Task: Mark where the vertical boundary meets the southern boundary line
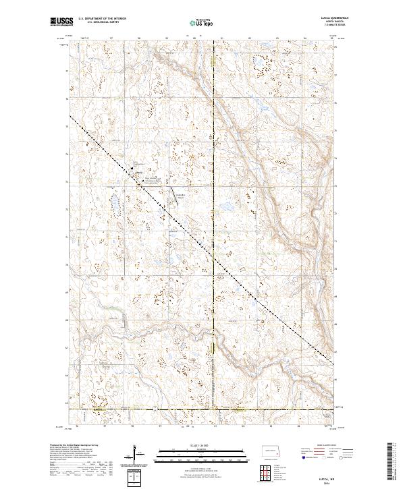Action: tap(215, 409)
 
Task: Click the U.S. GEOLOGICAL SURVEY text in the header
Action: tap(99, 23)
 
